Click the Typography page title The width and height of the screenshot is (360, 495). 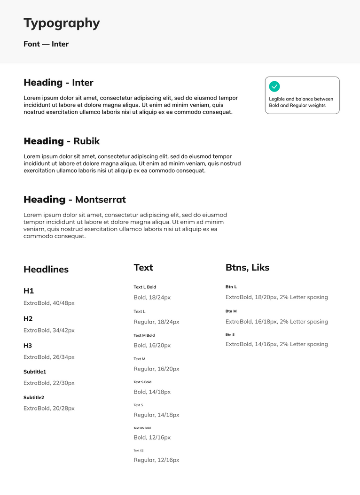(62, 23)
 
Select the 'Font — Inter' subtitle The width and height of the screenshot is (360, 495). (46, 44)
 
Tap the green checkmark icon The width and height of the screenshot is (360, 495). (274, 86)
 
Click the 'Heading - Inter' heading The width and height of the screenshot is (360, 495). (58, 83)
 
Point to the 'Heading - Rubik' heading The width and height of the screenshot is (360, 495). (62, 141)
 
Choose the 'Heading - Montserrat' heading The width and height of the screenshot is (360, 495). (75, 200)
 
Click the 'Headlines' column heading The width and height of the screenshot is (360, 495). (46, 269)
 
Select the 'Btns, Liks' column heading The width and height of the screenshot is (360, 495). (247, 267)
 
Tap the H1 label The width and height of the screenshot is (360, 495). (29, 291)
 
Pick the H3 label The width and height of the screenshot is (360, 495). (28, 346)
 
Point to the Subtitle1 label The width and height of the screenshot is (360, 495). (35, 372)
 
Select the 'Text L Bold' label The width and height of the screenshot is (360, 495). (145, 287)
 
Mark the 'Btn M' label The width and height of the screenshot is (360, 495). (231, 311)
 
